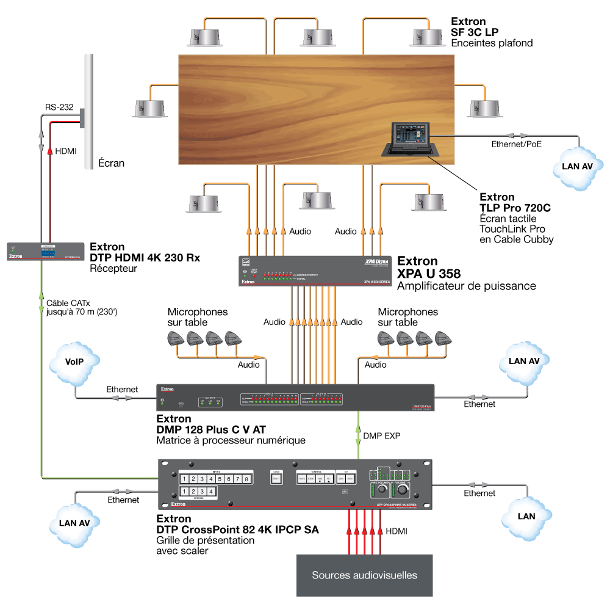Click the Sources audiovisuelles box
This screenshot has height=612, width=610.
364,575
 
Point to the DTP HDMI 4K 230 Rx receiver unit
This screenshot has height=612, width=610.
41,252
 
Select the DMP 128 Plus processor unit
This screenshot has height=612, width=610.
295,398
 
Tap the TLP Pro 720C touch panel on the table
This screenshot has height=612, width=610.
409,139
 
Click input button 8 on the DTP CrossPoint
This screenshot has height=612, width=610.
246,479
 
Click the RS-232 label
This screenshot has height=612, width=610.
59,107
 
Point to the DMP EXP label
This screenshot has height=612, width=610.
382,436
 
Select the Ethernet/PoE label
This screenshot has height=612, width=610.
516,145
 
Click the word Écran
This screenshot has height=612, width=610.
112,163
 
